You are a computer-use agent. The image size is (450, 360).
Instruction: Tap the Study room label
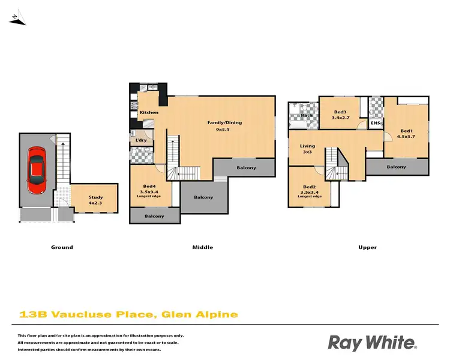[x=95, y=197]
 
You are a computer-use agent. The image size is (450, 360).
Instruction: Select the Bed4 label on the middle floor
[x=149, y=186]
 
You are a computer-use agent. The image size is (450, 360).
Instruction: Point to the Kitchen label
[x=149, y=113]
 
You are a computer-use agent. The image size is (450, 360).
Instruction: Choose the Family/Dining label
[x=224, y=122]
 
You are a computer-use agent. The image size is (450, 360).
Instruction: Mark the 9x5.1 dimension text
[x=224, y=130]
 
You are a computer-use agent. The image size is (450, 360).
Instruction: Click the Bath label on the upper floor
[x=307, y=115]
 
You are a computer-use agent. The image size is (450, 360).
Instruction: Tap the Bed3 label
[x=341, y=112]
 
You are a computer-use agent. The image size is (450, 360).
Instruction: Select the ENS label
[x=376, y=124]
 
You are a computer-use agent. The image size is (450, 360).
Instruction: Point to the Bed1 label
[x=406, y=131]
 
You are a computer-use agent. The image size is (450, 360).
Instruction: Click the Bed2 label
[x=310, y=187]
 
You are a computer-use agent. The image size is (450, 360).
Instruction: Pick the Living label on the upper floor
[x=307, y=146]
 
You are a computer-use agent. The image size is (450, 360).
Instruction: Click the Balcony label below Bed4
[x=154, y=216]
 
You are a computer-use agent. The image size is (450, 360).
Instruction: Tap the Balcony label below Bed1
[x=396, y=167]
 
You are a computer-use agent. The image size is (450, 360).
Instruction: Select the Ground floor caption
[x=62, y=247]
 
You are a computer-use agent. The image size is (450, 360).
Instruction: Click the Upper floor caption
[x=368, y=247]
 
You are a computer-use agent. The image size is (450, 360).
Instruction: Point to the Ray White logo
[x=372, y=343]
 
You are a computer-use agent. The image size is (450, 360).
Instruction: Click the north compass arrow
[x=17, y=20]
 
